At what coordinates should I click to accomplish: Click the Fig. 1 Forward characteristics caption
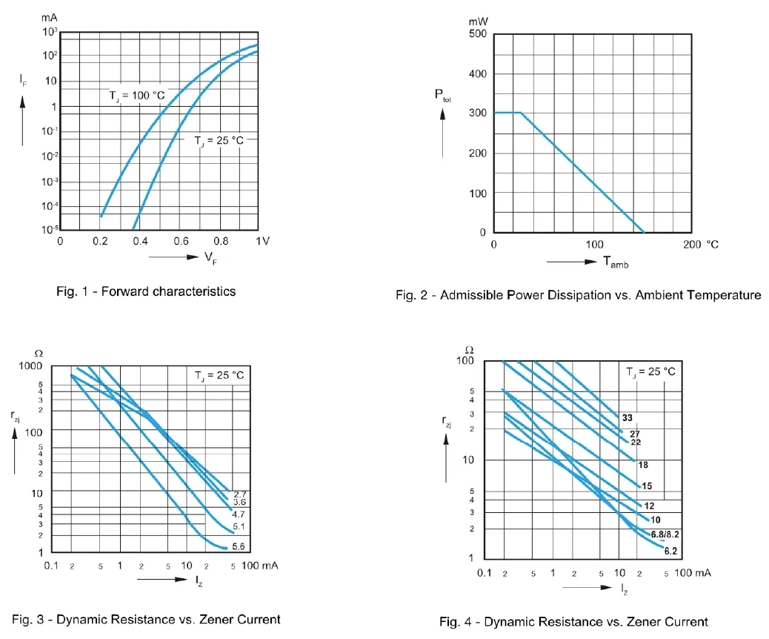click(x=146, y=291)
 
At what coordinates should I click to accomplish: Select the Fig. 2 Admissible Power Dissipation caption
click(x=578, y=295)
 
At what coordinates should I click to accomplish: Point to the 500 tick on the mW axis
click(x=477, y=34)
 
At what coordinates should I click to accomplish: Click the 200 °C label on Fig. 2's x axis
click(x=701, y=245)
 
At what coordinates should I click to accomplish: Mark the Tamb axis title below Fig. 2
click(x=615, y=262)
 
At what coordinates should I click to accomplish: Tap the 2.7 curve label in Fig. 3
click(x=239, y=494)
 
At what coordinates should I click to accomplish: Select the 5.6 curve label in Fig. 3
click(x=239, y=546)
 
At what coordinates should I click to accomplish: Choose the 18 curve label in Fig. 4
click(x=643, y=465)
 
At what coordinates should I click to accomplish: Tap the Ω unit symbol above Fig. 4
click(x=468, y=349)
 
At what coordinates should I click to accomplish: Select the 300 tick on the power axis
click(x=477, y=113)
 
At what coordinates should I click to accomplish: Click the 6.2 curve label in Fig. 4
click(x=671, y=551)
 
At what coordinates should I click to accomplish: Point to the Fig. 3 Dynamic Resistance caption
click(x=146, y=619)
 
